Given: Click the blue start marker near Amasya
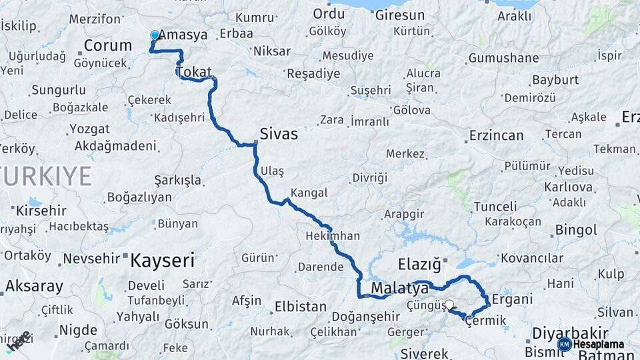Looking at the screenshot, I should [155, 35].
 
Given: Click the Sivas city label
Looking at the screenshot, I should [278, 134].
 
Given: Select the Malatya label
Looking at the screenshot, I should [399, 289].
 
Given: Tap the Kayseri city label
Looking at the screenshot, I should [162, 260].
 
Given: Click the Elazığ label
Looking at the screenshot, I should [419, 265].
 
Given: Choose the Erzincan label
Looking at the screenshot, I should [496, 135].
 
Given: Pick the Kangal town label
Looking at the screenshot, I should [309, 193].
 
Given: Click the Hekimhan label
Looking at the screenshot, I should [333, 236].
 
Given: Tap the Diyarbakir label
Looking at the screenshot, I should [571, 333].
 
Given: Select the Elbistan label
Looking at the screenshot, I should [300, 307].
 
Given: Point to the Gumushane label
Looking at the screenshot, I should [503, 58].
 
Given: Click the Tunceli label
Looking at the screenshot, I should [495, 207].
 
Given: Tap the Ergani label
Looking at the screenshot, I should [512, 299].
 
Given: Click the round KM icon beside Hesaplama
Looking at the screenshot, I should [564, 344].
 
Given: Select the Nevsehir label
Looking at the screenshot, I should [91, 258].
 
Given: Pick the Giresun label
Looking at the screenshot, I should [400, 15].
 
